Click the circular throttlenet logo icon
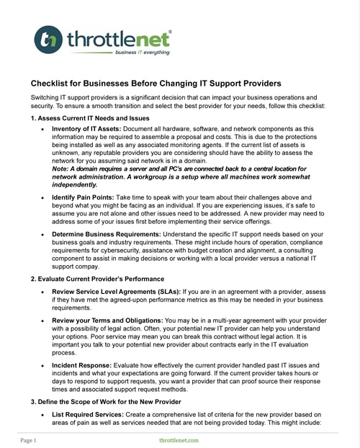click(x=48, y=40)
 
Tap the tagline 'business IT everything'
click(x=143, y=53)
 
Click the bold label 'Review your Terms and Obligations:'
click(x=108, y=320)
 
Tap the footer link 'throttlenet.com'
click(x=179, y=439)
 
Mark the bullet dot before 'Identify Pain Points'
click(x=43, y=197)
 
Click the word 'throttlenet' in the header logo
click(x=119, y=38)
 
